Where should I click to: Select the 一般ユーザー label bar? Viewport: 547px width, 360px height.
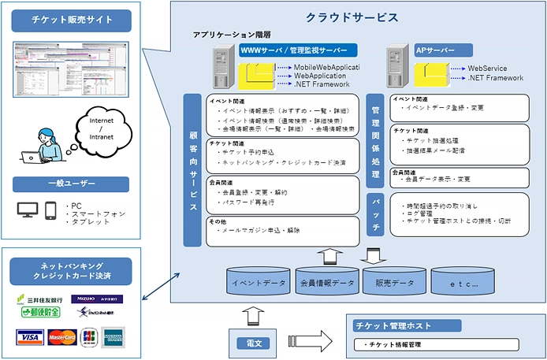[70, 184]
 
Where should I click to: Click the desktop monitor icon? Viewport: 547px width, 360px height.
[28, 210]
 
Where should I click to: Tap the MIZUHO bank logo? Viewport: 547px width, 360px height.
[87, 299]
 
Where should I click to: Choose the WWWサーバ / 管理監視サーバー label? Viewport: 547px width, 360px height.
[298, 50]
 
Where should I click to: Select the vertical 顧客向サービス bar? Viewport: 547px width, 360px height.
[193, 169]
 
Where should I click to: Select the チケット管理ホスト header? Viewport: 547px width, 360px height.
[434, 326]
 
